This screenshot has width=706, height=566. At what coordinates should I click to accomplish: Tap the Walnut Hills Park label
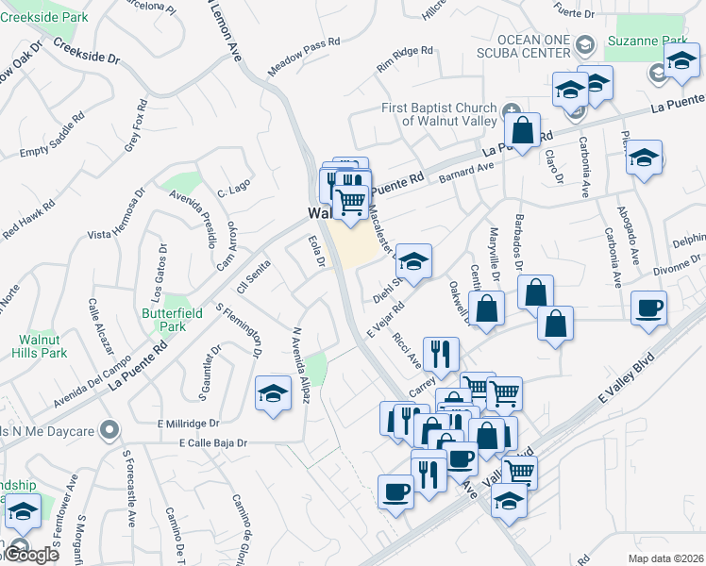[40, 345]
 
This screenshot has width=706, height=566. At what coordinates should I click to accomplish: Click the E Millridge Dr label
[188, 424]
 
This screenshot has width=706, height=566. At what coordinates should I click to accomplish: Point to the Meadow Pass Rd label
[303, 58]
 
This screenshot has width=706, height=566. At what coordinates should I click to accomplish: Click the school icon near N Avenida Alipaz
[273, 391]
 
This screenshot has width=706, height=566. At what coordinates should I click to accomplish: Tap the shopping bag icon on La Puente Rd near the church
[522, 126]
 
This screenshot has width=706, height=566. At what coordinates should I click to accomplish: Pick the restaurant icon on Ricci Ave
[440, 354]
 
